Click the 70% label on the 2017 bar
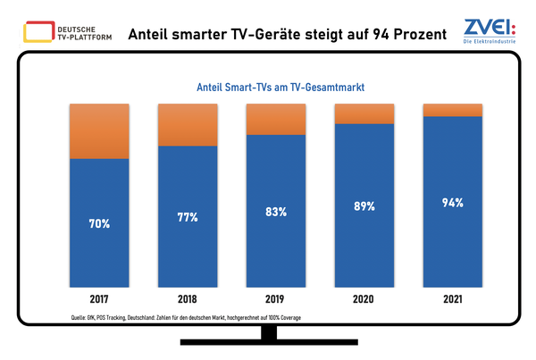point(99,223)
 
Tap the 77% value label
point(188,217)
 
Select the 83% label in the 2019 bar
point(275,212)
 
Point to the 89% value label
point(363,206)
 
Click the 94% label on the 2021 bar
point(451,203)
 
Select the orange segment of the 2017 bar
point(99,131)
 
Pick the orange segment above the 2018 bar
point(188,125)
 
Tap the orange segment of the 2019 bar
point(275,120)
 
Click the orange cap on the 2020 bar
point(363,113)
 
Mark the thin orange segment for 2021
point(451,110)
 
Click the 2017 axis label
point(99,302)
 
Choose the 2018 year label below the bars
point(188,302)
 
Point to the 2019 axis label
point(275,302)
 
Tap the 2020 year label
point(363,302)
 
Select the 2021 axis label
point(451,302)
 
